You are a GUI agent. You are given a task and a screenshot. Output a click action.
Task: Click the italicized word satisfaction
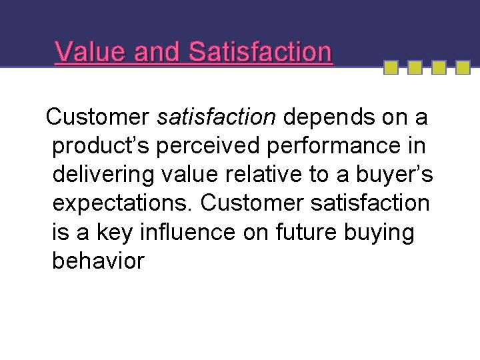(x=216, y=117)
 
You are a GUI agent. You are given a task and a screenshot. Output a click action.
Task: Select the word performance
(x=331, y=146)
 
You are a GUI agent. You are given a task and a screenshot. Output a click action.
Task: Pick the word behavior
(x=98, y=261)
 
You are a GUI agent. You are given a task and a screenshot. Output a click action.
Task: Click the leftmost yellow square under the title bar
(x=391, y=67)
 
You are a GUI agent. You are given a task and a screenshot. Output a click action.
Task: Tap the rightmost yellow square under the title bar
(x=461, y=67)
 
